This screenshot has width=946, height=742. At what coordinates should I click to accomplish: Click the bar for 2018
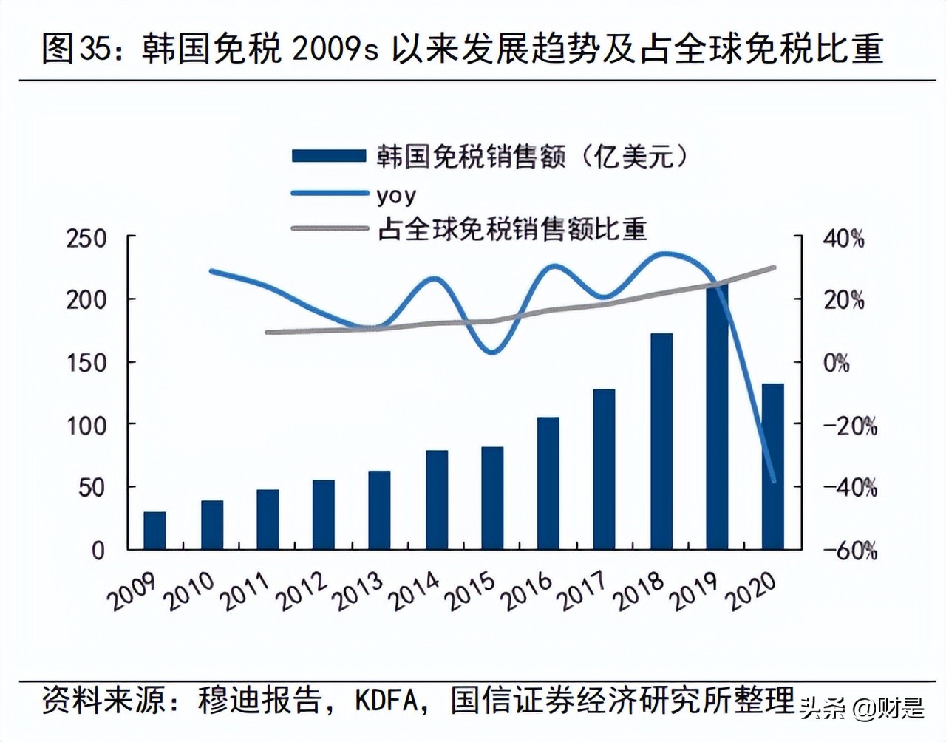click(661, 441)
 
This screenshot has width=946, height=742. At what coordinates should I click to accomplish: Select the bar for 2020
click(773, 466)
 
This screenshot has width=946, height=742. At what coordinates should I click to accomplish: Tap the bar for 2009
click(154, 531)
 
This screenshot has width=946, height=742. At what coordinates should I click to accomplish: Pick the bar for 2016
click(548, 483)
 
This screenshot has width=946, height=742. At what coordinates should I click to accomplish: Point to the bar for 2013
click(379, 510)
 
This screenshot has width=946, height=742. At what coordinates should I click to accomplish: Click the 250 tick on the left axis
click(86, 239)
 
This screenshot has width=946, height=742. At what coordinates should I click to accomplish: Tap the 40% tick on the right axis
click(844, 239)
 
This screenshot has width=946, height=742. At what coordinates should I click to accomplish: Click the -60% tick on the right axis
click(850, 551)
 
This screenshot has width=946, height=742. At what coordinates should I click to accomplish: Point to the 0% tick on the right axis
click(837, 363)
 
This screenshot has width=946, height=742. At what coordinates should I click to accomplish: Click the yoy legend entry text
click(396, 195)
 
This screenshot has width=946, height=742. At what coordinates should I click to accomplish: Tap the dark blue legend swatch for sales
click(329, 156)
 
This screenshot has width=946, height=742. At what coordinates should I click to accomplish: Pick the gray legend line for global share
click(329, 228)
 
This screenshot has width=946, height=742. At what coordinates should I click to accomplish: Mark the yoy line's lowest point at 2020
click(774, 481)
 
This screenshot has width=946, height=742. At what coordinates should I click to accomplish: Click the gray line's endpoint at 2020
click(775, 267)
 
